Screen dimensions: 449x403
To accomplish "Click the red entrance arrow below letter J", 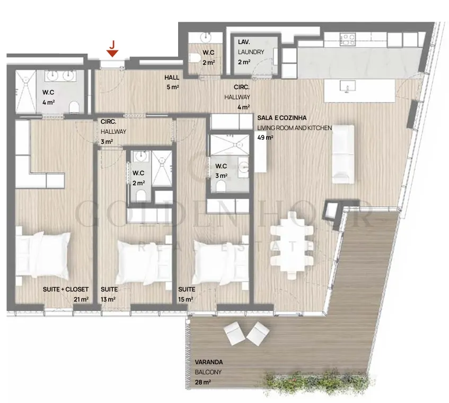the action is [112, 53].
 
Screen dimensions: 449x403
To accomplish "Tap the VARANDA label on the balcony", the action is [209, 362].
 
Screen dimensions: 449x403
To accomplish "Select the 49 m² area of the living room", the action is [265, 138].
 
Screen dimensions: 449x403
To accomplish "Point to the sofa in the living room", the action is [343, 154].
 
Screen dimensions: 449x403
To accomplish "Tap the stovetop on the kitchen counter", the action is [348, 40].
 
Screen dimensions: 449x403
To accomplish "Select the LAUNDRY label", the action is [251, 52].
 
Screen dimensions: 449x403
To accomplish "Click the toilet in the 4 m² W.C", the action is [74, 107].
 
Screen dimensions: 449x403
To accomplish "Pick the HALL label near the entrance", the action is [172, 78].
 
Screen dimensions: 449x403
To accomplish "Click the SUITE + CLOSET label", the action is [66, 289].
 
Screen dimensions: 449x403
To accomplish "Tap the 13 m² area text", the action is [108, 299].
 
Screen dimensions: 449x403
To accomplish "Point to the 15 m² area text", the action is [186, 299].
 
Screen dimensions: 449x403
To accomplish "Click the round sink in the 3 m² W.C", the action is [244, 166].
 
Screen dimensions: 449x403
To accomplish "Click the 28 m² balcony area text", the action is [203, 382].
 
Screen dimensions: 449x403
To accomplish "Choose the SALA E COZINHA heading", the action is [282, 117].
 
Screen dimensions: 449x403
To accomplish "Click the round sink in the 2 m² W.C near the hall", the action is [205, 37].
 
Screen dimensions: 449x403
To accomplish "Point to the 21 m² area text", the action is [81, 299].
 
